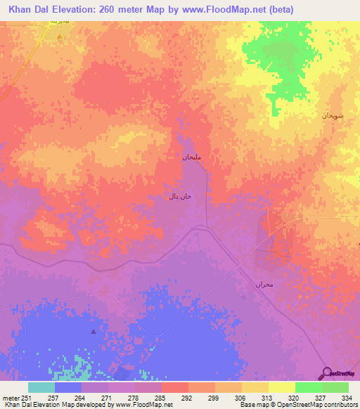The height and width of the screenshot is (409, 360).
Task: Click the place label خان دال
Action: pos(179,196)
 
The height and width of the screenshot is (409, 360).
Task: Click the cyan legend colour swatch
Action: pos(41,387)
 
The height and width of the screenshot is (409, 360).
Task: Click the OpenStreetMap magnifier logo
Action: pos(326,373)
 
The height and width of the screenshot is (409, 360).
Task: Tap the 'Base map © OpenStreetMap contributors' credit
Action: pos(297,405)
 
